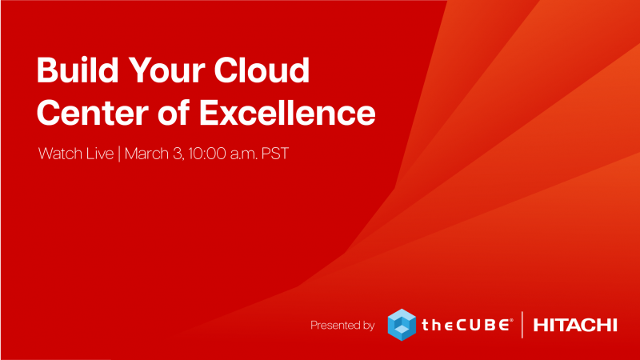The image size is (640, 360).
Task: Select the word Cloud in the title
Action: coord(262,70)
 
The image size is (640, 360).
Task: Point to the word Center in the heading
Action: coord(93,113)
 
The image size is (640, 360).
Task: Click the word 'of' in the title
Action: coord(174,112)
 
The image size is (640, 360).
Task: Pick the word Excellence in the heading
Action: coord(287,112)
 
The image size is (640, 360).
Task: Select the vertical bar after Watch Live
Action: coord(119,154)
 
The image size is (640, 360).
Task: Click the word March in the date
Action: coord(146,154)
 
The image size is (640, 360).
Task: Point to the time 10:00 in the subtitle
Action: coord(207,154)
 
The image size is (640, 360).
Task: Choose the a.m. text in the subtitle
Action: coord(244,154)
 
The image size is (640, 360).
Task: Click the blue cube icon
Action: coord(402,325)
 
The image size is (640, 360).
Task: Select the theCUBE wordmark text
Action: coord(465,325)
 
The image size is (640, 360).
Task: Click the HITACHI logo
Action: coord(575,326)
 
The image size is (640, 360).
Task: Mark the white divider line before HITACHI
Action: coord(522,325)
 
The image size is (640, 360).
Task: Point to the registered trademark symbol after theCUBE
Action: coord(511,321)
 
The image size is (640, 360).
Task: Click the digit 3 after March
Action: coord(178,154)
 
